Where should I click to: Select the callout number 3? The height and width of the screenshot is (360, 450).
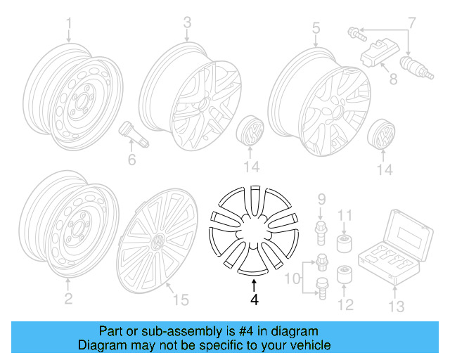[x=187, y=22]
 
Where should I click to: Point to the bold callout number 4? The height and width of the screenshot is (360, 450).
[x=255, y=299]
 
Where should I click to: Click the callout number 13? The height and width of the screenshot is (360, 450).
[x=397, y=306]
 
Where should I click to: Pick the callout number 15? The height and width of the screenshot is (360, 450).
[x=181, y=300]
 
